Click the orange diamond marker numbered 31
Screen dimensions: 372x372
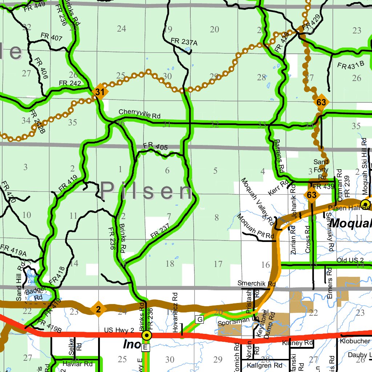pyautogui.click(x=100, y=92)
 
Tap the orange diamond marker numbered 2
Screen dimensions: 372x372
pyautogui.click(x=98, y=310)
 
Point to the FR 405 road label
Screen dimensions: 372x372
pyautogui.click(x=155, y=146)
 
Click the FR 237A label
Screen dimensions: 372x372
pyautogui.click(x=184, y=42)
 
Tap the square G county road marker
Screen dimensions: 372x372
pyautogui.click(x=199, y=320)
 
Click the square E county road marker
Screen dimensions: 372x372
pyautogui.click(x=145, y=348)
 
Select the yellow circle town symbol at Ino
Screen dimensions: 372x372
pyautogui.click(x=146, y=336)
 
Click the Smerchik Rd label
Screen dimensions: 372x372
pyautogui.click(x=256, y=283)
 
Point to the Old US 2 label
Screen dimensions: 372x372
pyautogui.click(x=350, y=260)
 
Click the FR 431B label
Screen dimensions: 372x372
pyautogui.click(x=351, y=66)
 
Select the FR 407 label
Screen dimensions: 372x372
pyautogui.click(x=52, y=37)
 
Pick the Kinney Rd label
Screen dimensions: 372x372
pyautogui.click(x=297, y=343)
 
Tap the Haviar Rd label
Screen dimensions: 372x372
pyautogui.click(x=78, y=364)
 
